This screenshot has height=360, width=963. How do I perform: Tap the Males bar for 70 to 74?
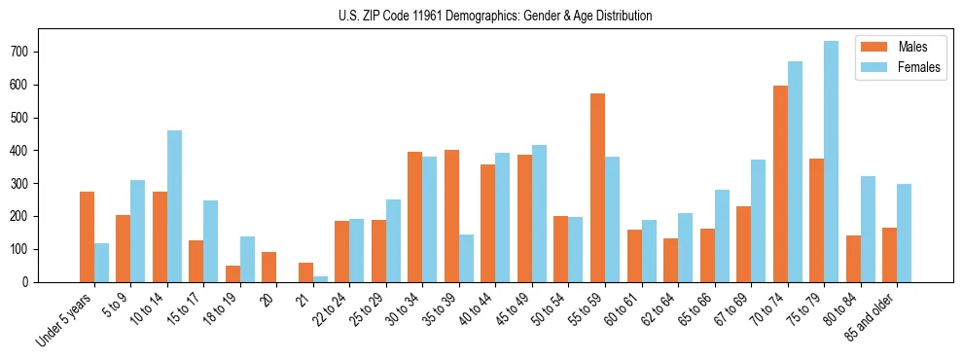pyautogui.click(x=780, y=184)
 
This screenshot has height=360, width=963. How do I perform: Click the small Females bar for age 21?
pyautogui.click(x=320, y=278)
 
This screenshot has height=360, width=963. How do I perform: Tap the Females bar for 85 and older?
pyautogui.click(x=904, y=233)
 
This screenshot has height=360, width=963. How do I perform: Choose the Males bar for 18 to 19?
pyautogui.click(x=232, y=273)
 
